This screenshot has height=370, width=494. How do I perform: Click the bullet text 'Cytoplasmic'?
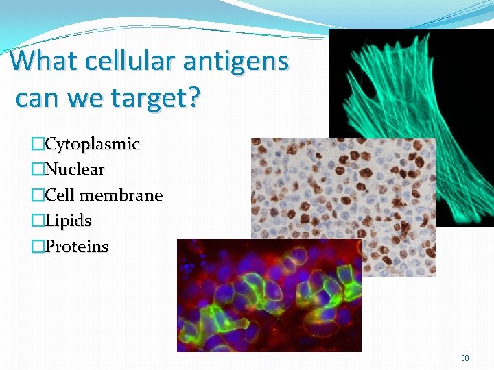coord(92,145)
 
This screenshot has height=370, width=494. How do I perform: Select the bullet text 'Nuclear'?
coord(75,169)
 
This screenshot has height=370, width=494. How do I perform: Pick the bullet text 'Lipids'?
coord(68,221)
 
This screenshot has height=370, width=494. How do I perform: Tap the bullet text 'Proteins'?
coord(77,247)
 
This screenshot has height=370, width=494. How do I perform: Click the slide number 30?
coord(464,358)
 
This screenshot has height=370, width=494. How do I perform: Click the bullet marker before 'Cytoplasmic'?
coord(38,145)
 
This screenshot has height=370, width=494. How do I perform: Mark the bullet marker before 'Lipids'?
coord(38,221)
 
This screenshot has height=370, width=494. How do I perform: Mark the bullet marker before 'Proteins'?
coord(38,247)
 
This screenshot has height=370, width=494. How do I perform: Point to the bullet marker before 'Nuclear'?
coord(38,169)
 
